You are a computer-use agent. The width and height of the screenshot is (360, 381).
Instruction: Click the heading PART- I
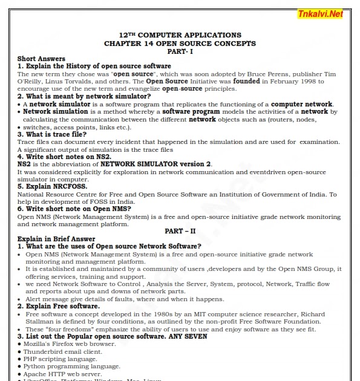click(180, 51)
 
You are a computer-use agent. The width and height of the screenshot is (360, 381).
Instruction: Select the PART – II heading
click(180, 231)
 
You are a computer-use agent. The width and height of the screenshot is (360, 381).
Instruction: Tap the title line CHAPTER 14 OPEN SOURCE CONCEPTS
click(180, 44)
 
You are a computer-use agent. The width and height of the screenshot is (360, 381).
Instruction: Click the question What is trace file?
click(55, 134)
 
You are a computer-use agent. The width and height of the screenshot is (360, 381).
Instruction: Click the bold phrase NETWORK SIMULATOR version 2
click(156, 164)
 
